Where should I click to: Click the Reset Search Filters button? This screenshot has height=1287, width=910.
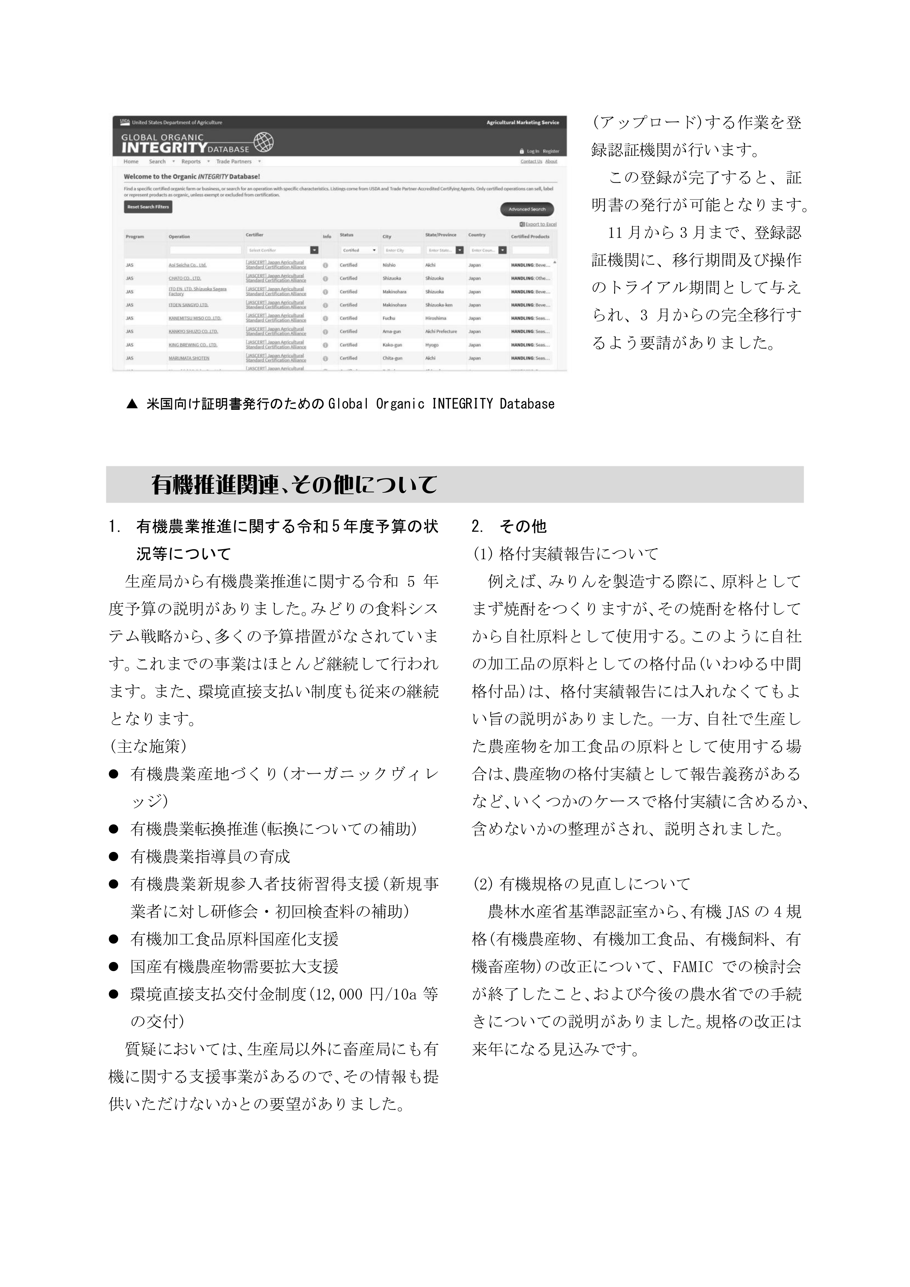click(148, 207)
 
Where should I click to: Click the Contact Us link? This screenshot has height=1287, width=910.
click(531, 161)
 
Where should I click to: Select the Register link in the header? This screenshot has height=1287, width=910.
click(551, 152)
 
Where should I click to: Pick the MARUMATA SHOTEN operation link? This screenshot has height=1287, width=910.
click(189, 358)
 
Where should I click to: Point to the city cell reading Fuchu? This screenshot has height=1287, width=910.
click(389, 318)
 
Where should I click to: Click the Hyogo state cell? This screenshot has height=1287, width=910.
click(431, 345)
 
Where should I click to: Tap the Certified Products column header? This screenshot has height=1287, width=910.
click(530, 237)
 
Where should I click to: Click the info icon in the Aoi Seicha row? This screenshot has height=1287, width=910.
click(325, 265)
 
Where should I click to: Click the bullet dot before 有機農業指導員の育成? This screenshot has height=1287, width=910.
click(114, 857)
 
